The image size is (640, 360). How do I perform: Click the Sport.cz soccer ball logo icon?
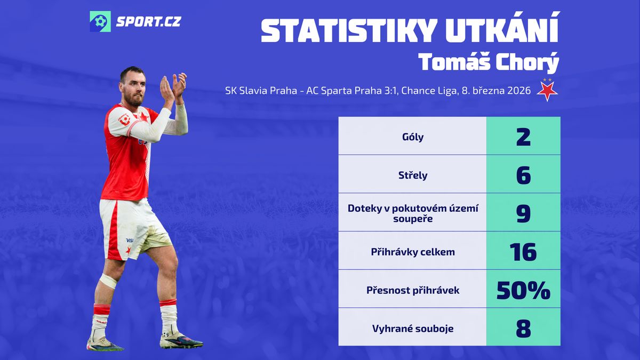point(100,21)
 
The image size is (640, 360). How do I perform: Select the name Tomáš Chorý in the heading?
point(489,62)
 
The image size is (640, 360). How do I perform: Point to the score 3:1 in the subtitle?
point(390,91)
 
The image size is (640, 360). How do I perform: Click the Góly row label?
point(413,137)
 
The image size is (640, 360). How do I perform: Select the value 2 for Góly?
point(523,137)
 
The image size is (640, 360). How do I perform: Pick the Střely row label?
point(413,175)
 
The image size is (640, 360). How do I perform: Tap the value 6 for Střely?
point(523,175)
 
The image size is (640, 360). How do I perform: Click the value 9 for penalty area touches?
point(523,213)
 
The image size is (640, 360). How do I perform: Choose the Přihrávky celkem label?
point(413,252)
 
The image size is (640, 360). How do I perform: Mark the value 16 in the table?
point(523,252)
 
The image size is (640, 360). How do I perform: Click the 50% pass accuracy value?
point(523,290)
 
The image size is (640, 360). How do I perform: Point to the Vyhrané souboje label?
point(413,329)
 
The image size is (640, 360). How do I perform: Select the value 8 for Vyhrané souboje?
point(523,329)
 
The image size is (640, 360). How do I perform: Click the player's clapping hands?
point(173,86)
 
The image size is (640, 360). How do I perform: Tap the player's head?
point(133,86)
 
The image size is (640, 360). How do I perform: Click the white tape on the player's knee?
point(108,281)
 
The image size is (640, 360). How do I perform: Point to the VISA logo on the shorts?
point(130,241)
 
